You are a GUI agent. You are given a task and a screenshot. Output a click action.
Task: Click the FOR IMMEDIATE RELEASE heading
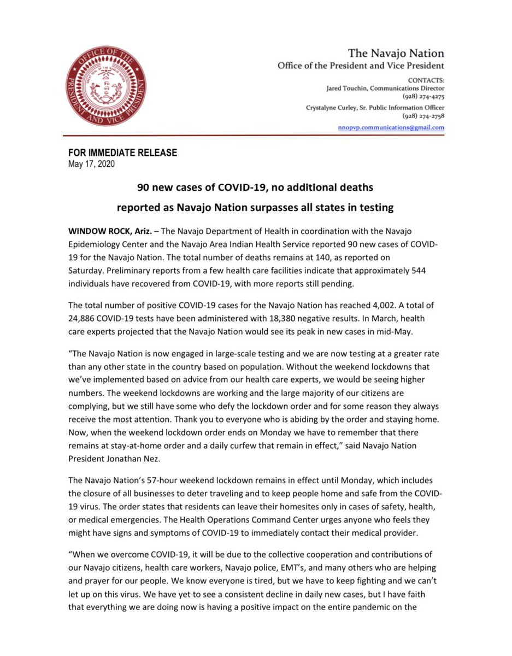[122, 153]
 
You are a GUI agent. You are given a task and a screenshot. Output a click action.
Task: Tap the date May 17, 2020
[91, 163]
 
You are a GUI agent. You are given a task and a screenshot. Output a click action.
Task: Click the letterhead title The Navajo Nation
[396, 54]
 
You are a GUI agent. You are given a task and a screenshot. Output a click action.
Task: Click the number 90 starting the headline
[143, 188]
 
